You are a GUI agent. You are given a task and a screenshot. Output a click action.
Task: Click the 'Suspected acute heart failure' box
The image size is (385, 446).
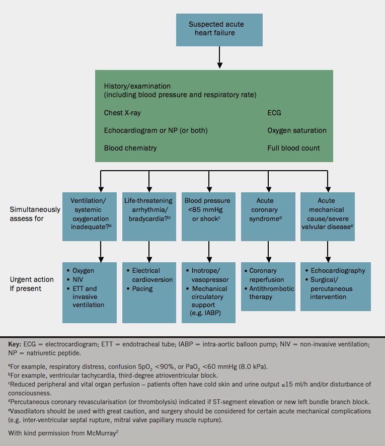(219, 29)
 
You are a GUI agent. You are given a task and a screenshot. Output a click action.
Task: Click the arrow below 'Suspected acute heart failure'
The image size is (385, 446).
(219, 57)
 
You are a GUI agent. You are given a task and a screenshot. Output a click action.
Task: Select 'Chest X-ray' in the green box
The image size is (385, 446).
(122, 113)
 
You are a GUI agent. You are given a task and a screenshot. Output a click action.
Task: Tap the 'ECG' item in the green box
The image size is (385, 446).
(274, 113)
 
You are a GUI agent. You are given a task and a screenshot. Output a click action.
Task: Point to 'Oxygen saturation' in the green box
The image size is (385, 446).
(296, 130)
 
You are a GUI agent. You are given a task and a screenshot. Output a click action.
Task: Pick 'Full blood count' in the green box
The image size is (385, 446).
(293, 148)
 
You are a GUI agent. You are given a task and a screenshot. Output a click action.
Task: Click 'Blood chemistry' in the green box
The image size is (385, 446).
(130, 148)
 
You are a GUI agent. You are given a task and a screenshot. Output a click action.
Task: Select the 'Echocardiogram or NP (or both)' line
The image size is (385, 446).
(156, 130)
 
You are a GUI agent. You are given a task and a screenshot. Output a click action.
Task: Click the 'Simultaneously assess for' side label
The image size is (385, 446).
(35, 214)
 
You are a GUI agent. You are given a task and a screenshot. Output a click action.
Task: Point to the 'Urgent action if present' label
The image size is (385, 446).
(32, 284)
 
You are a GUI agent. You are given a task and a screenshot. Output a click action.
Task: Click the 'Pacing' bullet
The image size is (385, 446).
(142, 289)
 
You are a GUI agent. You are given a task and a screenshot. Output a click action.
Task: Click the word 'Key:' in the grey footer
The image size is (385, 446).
(15, 344)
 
